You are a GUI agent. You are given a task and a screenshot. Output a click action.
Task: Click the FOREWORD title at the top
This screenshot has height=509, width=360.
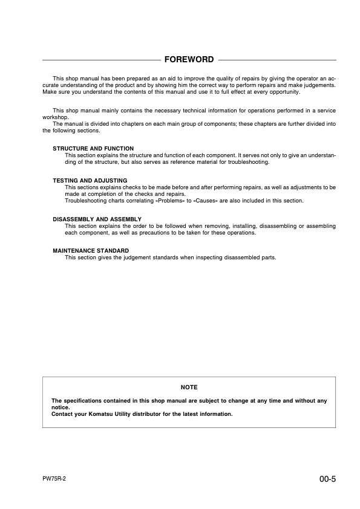(189, 59)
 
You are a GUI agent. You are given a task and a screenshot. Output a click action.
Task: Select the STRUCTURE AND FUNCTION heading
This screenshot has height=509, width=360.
(93, 148)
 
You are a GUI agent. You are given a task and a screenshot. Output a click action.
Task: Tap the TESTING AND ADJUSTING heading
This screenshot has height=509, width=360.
(90, 180)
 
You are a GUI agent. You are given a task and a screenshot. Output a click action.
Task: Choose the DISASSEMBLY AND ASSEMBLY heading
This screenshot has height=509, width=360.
(97, 219)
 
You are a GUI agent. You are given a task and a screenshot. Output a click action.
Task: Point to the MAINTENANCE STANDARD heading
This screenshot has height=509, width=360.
(91, 250)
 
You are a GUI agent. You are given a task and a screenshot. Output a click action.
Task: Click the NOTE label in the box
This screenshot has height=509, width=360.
(189, 387)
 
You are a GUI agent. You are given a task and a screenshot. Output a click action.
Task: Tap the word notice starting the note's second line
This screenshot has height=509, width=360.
(61, 407)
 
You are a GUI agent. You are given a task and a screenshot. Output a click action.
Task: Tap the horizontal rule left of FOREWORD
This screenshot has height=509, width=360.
(100, 60)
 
